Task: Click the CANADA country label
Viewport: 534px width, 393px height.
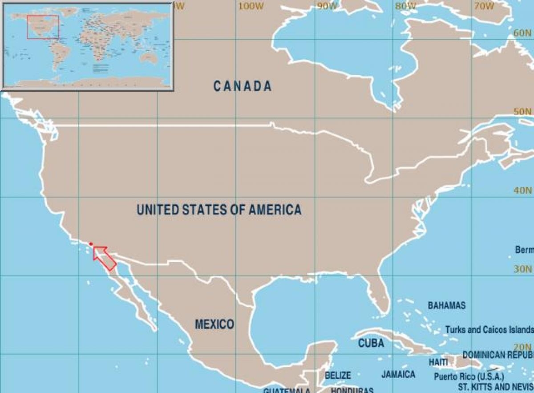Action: click(x=243, y=86)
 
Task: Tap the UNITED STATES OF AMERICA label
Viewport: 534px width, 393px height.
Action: click(x=219, y=210)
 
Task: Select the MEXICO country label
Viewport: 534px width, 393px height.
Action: click(x=214, y=324)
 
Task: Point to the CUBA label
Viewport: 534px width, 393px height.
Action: click(x=371, y=344)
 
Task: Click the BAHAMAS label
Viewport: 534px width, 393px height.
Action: click(x=447, y=306)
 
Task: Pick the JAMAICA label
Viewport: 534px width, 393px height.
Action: click(x=398, y=374)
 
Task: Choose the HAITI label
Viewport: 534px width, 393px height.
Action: click(x=438, y=363)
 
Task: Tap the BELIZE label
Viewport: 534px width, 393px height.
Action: click(x=338, y=376)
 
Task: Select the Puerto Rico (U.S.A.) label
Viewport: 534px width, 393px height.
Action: click(x=469, y=377)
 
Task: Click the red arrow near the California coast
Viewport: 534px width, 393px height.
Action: click(x=105, y=258)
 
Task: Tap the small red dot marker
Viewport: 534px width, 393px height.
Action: click(x=91, y=244)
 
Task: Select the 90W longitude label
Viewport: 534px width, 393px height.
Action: click(x=327, y=6)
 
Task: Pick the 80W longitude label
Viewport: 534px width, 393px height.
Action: click(x=405, y=6)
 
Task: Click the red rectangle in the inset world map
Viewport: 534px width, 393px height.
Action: click(x=43, y=27)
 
